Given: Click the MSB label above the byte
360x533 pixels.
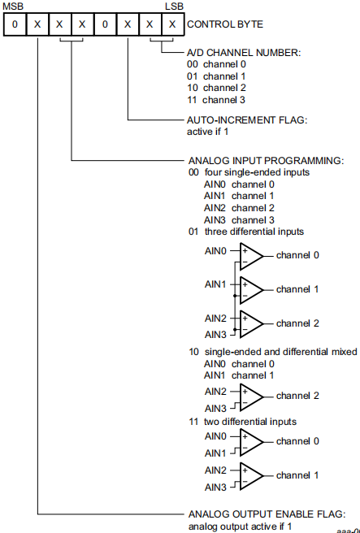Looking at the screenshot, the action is coord(13,6).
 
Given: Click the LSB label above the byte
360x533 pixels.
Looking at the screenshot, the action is coord(174,6).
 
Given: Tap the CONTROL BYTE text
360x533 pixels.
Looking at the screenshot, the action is coord(225,24).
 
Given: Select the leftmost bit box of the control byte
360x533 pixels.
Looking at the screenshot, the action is coord(15,24).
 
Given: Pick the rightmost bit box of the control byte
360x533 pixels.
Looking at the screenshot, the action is coord(173,24).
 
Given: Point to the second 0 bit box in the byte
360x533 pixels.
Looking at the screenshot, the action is coord(105,24).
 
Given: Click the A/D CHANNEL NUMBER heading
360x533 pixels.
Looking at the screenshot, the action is coord(244,53).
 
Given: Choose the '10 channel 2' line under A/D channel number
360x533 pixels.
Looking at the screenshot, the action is coord(216,88).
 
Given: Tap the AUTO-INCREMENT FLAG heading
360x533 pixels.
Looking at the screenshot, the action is coord(247,120).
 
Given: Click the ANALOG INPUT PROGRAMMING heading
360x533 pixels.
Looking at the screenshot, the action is coord(267,160).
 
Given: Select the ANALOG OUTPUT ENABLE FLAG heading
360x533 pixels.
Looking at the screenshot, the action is coord(267,514).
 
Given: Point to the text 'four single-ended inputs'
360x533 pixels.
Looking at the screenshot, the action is coord(257,172).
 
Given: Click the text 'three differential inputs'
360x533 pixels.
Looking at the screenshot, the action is coord(254,232).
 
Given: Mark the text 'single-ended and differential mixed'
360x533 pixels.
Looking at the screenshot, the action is coord(281,352).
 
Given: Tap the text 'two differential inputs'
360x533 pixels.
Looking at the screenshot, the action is coord(250,422).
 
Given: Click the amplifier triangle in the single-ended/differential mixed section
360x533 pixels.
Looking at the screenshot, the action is coord(252,397).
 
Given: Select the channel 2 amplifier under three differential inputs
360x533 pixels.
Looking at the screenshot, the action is coord(252,324).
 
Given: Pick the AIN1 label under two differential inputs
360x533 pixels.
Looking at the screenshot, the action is coord(215,453).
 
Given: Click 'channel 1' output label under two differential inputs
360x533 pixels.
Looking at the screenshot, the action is coord(297,475).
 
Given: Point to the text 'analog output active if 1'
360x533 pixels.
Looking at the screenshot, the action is coord(240,526).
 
